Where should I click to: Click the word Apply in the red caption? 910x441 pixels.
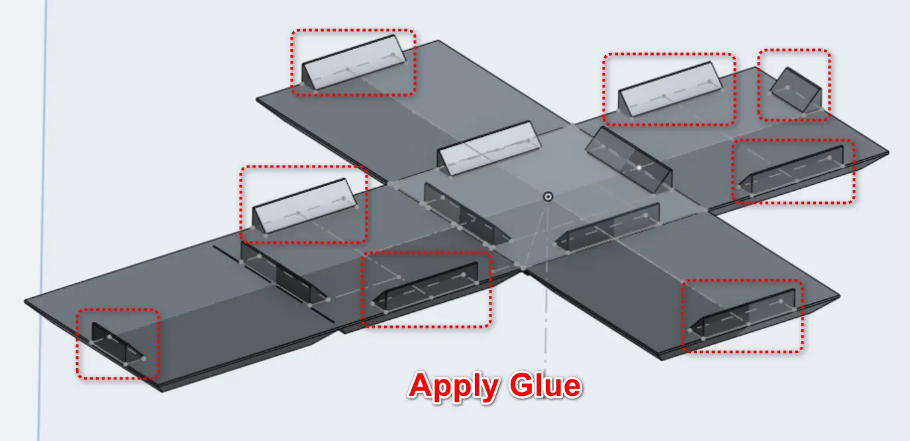(x=454, y=386)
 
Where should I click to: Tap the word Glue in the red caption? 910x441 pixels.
(x=546, y=385)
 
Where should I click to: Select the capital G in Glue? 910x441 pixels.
(x=522, y=385)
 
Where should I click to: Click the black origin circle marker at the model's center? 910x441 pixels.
(x=548, y=197)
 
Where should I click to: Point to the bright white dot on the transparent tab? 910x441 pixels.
(x=639, y=168)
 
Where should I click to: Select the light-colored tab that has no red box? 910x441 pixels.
(x=489, y=148)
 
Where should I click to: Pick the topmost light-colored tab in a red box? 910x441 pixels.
(x=354, y=62)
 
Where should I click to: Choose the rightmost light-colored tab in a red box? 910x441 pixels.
(x=670, y=89)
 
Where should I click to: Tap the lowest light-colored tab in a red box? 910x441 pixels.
(x=304, y=206)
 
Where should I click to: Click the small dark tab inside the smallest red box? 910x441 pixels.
(x=796, y=91)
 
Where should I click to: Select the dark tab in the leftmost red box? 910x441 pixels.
(x=117, y=343)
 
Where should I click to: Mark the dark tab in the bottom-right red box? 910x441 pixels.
(x=743, y=315)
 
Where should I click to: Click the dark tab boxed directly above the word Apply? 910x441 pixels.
(x=425, y=287)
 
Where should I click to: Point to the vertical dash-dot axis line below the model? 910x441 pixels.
(x=546, y=316)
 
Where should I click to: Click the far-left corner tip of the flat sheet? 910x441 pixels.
(x=25, y=301)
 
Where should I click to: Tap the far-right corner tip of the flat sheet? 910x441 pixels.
(x=888, y=153)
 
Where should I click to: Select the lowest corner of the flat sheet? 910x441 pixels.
(x=162, y=391)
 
